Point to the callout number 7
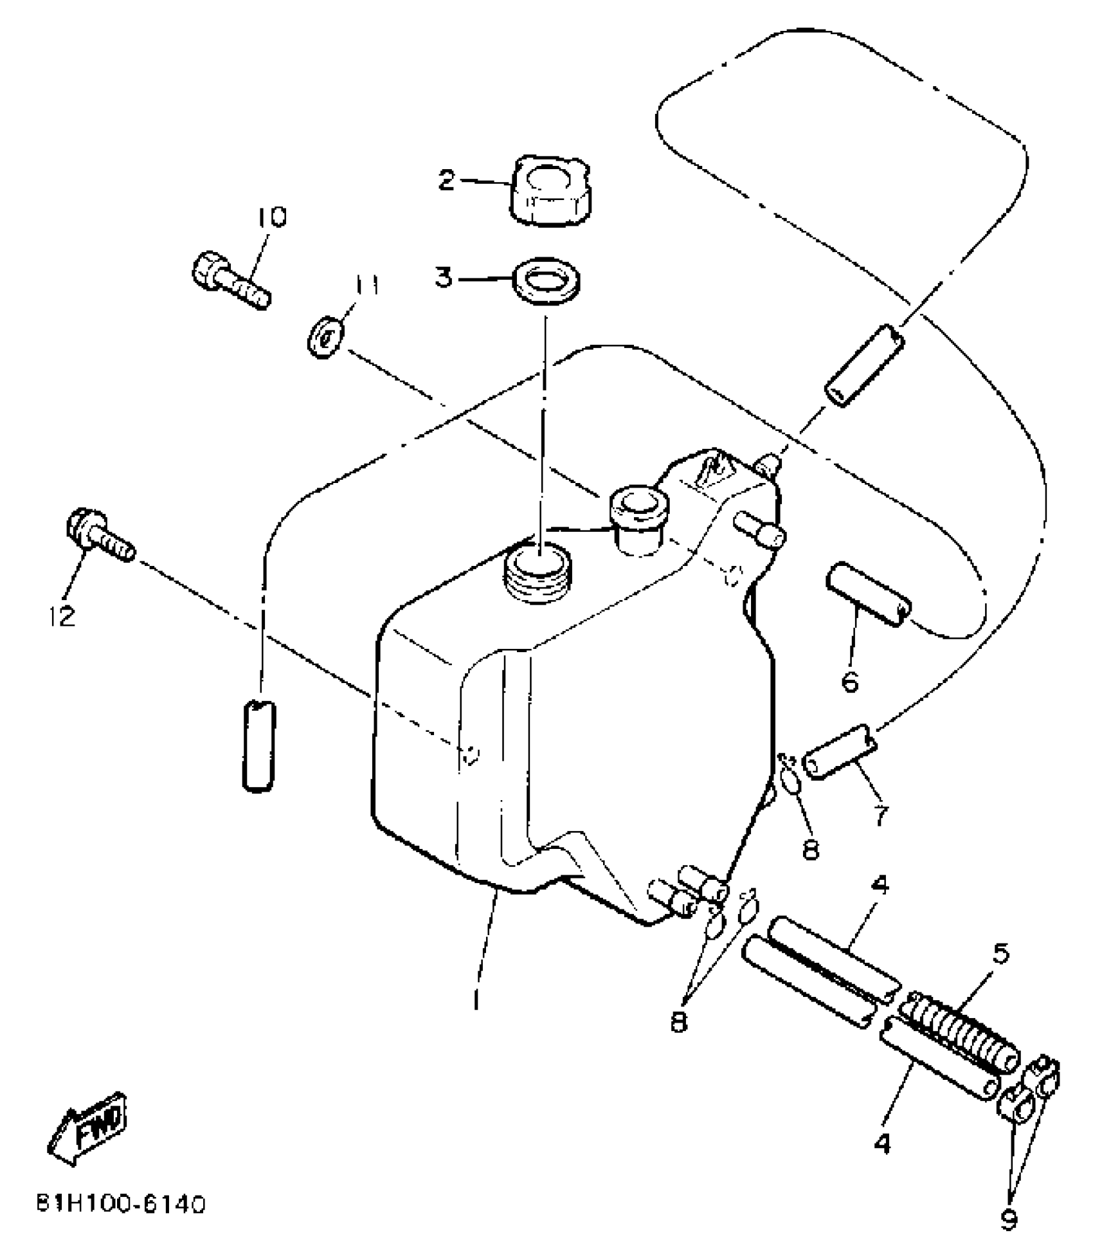pos(880,816)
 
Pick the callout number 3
pos(444,278)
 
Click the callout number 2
pos(446,179)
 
